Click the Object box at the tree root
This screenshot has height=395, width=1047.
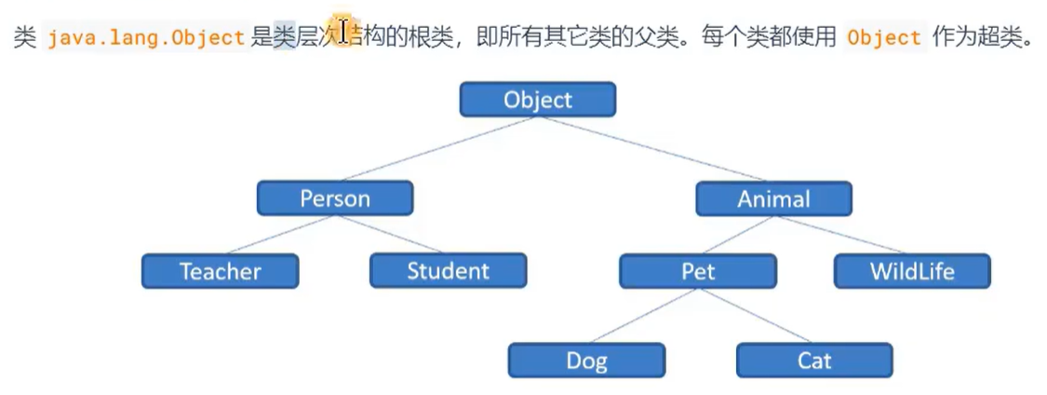pos(537,99)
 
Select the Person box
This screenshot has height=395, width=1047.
pos(335,197)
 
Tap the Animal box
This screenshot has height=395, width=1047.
pos(773,197)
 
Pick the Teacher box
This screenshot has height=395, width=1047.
pos(221,271)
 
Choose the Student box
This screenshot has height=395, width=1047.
pos(448,271)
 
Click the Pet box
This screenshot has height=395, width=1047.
pos(698,271)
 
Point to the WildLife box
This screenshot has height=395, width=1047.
pos(912,271)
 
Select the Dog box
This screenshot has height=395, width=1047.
pos(586,361)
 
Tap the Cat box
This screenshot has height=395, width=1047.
pos(814,361)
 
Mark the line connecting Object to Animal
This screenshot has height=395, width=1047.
pos(655,148)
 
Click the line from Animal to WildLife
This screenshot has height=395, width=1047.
pos(842,234)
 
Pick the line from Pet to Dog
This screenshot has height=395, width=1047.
pos(642,316)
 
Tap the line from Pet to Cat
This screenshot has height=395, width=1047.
pos(756,316)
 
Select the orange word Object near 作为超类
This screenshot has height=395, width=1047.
pos(884,38)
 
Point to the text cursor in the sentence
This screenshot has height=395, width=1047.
pos(343,33)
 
